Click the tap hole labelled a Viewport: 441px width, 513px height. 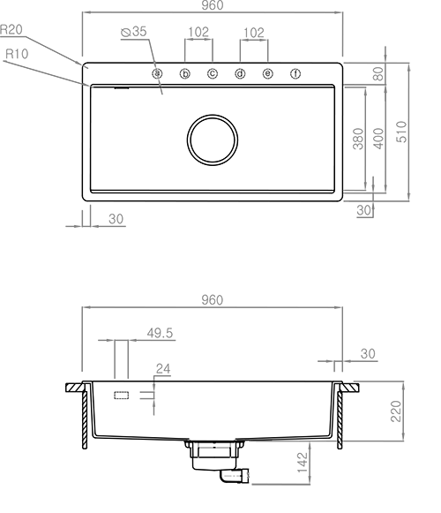pos(157,73)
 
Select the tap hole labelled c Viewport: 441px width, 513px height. pos(213,73)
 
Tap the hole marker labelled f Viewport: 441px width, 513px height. pos(295,73)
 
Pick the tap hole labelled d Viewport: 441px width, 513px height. pos(240,73)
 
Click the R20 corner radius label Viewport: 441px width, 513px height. pos(11,30)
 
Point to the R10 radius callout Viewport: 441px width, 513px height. pos(17,54)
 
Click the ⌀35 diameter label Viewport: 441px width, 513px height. pos(134,32)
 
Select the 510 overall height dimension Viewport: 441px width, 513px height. pos(401,132)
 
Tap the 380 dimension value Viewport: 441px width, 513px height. pos(358,139)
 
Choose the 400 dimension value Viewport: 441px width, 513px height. pos(378,139)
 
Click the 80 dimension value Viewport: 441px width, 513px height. pos(378,74)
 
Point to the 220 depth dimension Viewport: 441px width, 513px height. pos(396,411)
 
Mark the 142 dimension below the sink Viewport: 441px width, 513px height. pos(303,463)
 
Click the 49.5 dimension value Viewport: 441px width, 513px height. pos(160,333)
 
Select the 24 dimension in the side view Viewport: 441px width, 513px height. pos(163,369)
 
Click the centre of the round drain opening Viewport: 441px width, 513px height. pos(213,140)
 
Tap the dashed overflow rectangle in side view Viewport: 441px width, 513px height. pos(122,396)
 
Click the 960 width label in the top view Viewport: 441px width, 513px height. pos(213,5)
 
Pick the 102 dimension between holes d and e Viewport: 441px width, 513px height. pos(254,33)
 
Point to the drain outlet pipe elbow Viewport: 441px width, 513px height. pos(234,476)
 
